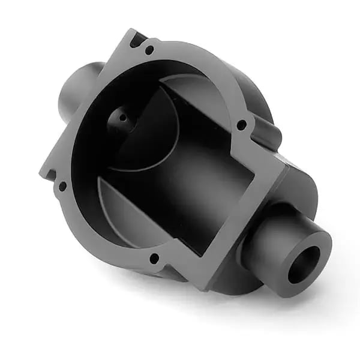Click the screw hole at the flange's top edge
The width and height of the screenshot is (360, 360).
(149, 50)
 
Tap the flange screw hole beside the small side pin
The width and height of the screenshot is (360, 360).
(241, 125)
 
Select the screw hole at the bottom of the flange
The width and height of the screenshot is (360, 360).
(154, 259)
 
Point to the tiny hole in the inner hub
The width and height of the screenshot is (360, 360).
(122, 118)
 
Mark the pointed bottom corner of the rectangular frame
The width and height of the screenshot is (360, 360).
(207, 287)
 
